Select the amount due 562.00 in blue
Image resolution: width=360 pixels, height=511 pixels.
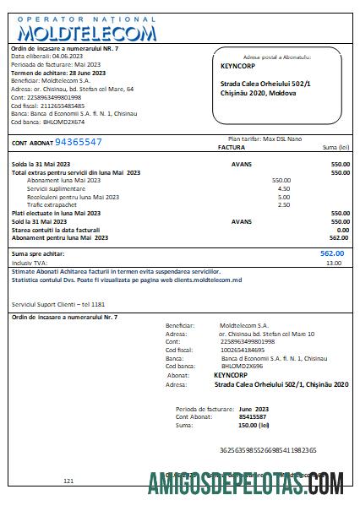(332, 253)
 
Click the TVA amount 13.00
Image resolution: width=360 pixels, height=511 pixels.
(335, 264)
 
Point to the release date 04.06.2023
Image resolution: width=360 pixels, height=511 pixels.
(73, 57)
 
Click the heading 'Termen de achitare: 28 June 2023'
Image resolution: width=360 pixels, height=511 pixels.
(58, 73)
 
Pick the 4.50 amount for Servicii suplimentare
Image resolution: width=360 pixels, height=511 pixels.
(284, 188)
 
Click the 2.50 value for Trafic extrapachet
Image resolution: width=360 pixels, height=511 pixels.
(284, 204)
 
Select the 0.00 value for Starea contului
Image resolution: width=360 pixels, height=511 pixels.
(342, 230)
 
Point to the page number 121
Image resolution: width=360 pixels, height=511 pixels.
(69, 481)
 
